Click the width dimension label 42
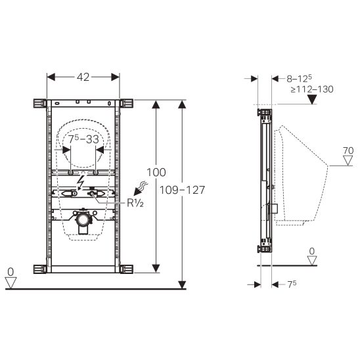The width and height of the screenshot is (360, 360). pyautogui.click(x=83, y=77)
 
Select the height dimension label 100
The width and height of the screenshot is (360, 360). pyautogui.click(x=156, y=172)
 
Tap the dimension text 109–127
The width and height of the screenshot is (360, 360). pyautogui.click(x=182, y=190)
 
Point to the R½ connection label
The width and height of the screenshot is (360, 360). pyautogui.click(x=135, y=203)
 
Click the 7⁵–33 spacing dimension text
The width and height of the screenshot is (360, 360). pyautogui.click(x=83, y=139)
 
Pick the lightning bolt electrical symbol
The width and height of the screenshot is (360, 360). pyautogui.click(x=81, y=182)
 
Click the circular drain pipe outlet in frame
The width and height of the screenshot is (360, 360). pyautogui.click(x=82, y=219)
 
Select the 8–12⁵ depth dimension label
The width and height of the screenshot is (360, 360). pyautogui.click(x=299, y=79)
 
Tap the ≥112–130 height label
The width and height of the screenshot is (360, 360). pyautogui.click(x=312, y=89)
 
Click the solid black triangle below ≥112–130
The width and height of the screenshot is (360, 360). pyautogui.click(x=312, y=99)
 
